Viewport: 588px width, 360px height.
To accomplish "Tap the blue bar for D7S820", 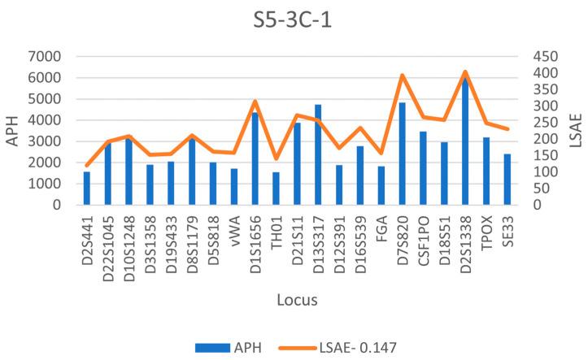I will pos(402,154).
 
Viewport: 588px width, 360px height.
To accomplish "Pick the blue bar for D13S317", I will pos(318,155).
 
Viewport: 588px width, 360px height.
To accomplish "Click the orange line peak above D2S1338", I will pos(464,72).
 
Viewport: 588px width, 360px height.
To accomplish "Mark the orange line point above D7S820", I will pos(402,76).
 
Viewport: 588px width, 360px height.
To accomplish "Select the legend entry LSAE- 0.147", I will pos(352,347).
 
